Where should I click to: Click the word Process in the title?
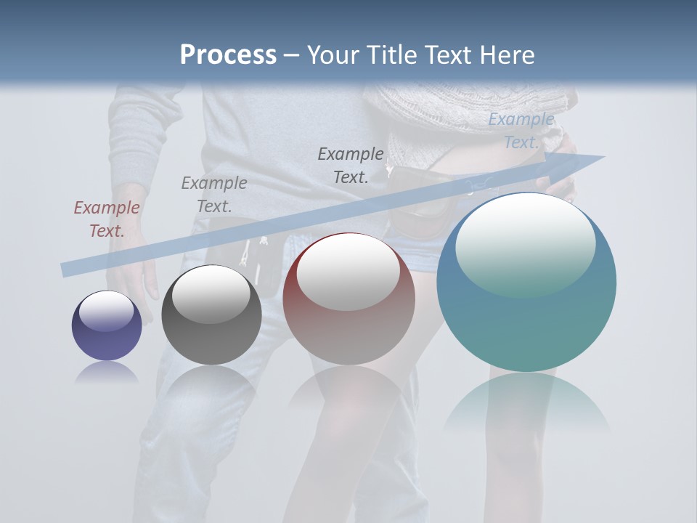pos(228,55)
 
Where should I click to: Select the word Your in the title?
pos(331,55)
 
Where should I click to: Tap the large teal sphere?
pos(526,312)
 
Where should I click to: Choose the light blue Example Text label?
pos(521,131)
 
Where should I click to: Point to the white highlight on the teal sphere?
pos(525,243)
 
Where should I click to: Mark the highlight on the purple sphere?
pos(106,311)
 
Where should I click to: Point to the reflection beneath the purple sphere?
pos(107,373)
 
